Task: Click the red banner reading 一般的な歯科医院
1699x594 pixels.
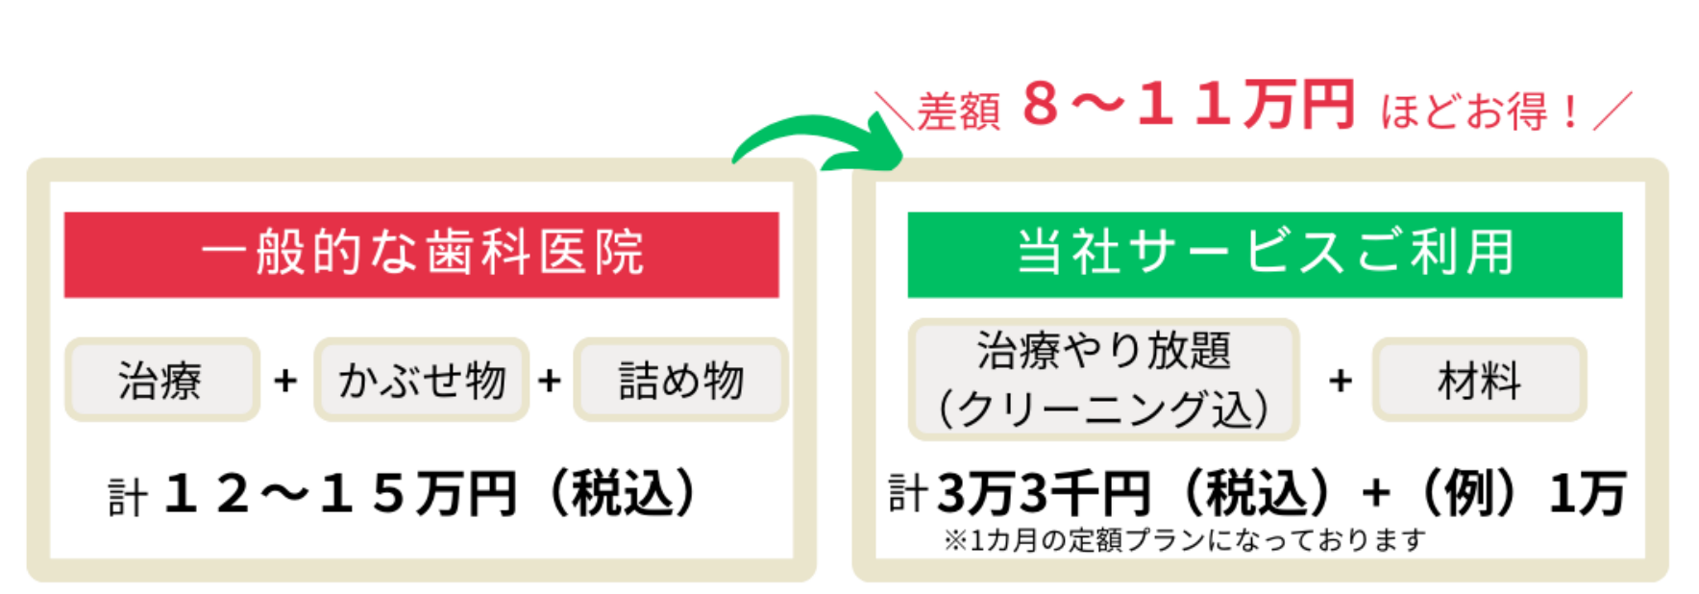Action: point(421,255)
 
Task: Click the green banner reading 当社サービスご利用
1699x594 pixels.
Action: point(1265,255)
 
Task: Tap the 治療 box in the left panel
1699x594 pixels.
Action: point(161,380)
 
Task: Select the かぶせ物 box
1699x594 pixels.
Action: point(422,380)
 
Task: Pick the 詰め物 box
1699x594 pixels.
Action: point(680,380)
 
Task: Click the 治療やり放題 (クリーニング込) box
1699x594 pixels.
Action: point(1103,380)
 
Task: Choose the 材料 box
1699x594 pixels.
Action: point(1478,380)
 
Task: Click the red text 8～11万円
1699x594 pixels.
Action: point(1188,105)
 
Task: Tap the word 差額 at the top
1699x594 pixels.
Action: point(958,111)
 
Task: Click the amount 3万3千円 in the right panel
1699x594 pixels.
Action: point(1044,494)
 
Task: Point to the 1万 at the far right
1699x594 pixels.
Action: point(1587,494)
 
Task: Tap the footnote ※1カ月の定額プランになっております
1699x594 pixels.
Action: point(1184,540)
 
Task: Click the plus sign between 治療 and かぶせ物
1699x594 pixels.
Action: point(285,381)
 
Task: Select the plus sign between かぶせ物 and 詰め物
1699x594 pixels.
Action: point(550,381)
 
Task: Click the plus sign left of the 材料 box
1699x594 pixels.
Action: point(1341,381)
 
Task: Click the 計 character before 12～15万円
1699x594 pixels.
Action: point(127,498)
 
